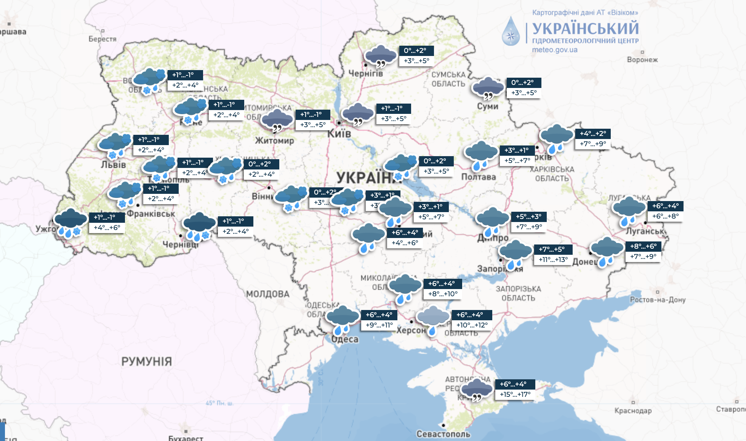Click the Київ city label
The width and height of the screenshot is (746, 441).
[x=339, y=134]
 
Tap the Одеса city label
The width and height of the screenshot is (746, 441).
[x=345, y=339]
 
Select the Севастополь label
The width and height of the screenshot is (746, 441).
[x=443, y=434]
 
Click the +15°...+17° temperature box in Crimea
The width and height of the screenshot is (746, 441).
[x=515, y=395]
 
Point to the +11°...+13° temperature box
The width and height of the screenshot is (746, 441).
[x=553, y=260]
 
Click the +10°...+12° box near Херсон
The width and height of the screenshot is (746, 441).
[x=472, y=325]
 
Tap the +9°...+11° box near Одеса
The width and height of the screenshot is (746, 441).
[x=379, y=325]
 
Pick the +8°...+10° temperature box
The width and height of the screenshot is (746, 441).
[x=443, y=294]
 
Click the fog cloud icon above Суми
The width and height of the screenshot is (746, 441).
[x=488, y=88]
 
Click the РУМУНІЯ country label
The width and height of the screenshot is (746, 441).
[x=147, y=361]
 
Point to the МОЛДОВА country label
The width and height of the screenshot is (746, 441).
[x=267, y=294]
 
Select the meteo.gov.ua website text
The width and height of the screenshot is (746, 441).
[x=554, y=50]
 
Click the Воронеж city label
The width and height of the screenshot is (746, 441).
[x=642, y=60]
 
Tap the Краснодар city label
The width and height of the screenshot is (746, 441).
[x=633, y=411]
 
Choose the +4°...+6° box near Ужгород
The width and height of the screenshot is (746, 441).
[x=107, y=228]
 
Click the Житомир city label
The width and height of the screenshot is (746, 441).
[x=274, y=141]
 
